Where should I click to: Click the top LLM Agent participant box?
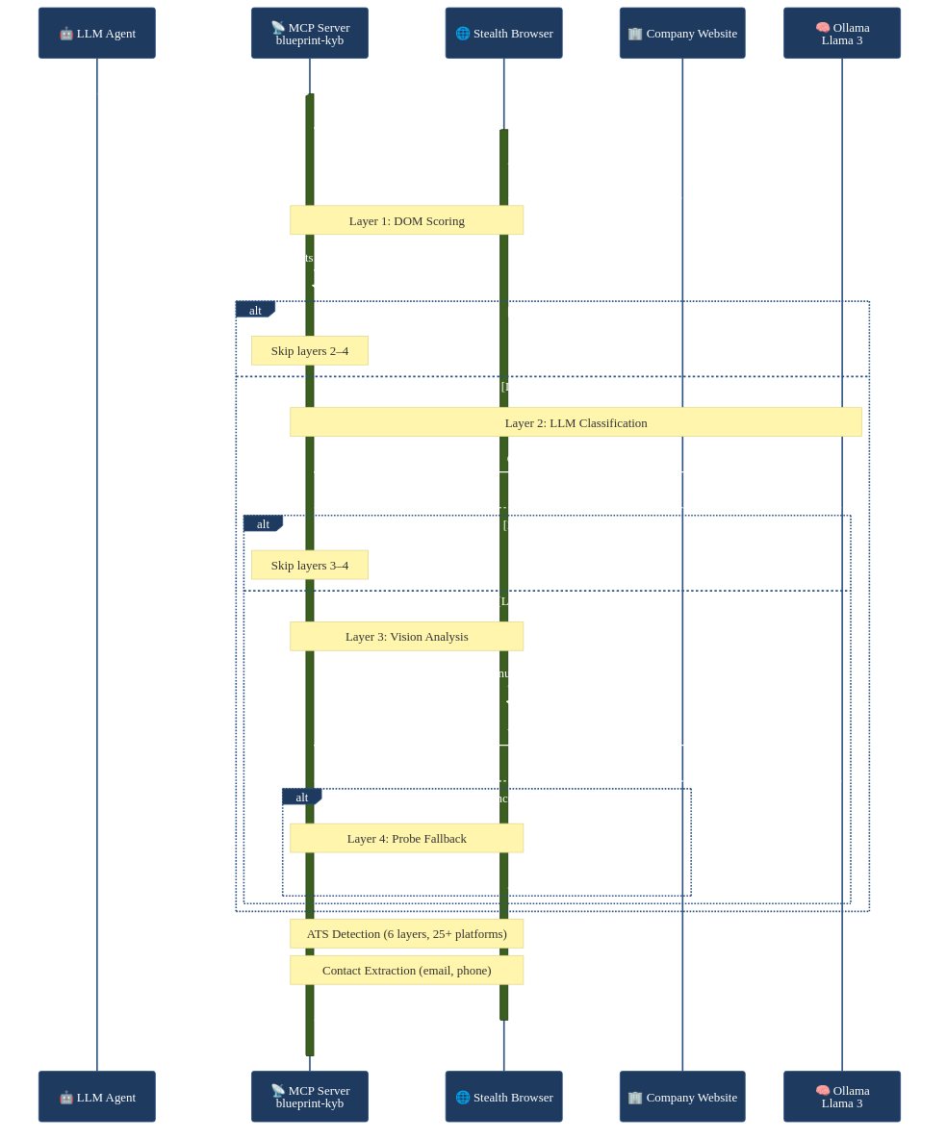pos(96,34)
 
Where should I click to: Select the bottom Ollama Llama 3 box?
pos(842,1097)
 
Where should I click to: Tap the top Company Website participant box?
pos(682,34)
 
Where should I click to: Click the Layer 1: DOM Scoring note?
pos(406,220)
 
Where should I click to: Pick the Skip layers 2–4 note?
pos(309,351)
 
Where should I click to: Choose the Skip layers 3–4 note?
pos(309,566)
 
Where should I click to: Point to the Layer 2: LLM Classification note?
pos(576,422)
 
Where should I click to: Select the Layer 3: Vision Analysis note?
pos(406,636)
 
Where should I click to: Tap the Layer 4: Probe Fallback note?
pos(406,838)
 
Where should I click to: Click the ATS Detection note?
pos(406,933)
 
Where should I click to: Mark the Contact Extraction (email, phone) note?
pos(406,970)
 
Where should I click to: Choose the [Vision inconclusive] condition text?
pos(505,798)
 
